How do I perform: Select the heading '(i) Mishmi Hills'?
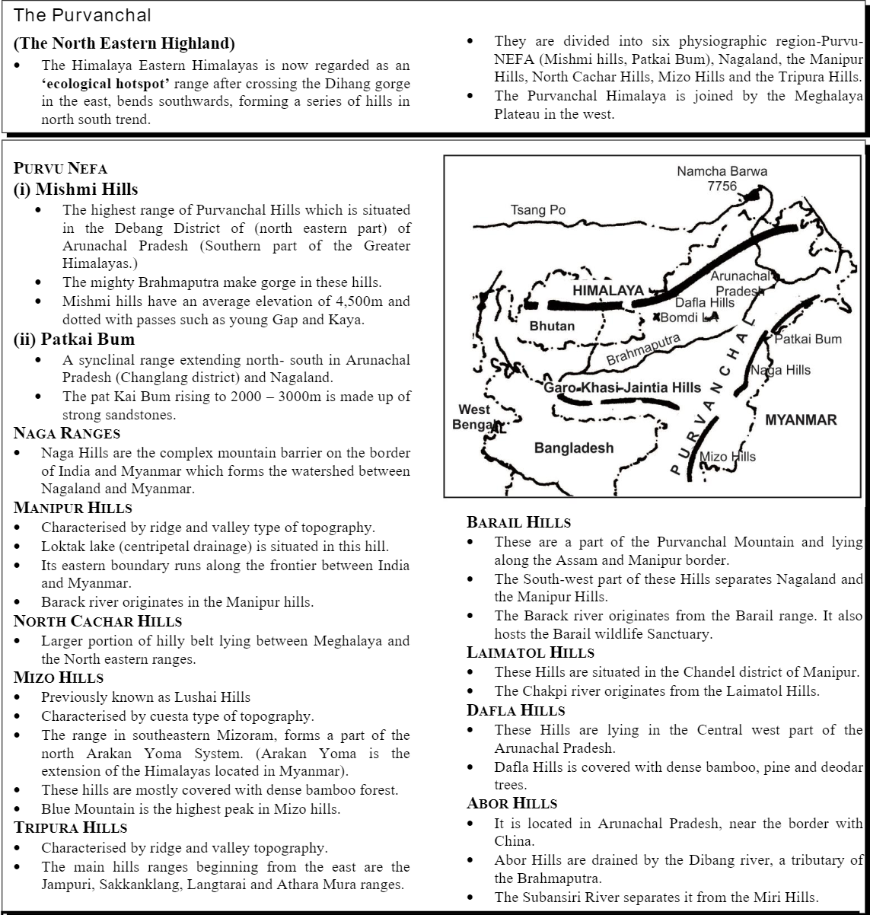(76, 189)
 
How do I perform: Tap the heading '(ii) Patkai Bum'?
(74, 340)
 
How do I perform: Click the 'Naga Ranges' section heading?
(67, 434)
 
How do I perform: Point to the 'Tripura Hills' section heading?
(71, 827)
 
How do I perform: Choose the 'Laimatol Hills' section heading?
(531, 652)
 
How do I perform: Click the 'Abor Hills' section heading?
(512, 803)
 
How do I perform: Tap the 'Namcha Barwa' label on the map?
(722, 171)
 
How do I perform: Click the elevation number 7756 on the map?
(722, 187)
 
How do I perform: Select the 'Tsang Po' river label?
(538, 210)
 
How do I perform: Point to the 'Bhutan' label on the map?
(552, 326)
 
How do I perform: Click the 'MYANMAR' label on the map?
(800, 419)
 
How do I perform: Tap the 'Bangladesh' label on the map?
(573, 448)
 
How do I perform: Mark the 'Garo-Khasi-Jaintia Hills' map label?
(622, 387)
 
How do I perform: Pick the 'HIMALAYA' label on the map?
(608, 291)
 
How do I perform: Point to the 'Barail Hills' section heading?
(518, 522)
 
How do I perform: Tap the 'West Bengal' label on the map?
(475, 417)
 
